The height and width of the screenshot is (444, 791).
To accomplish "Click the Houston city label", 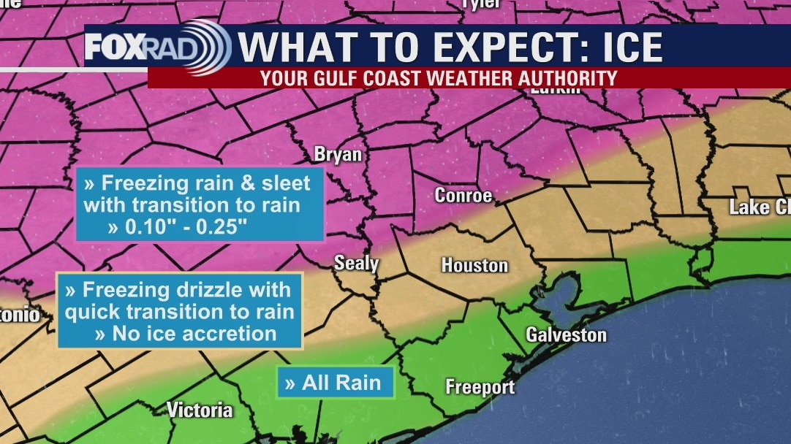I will click(x=474, y=264).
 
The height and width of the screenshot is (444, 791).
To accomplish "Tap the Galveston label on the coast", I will click(x=567, y=335).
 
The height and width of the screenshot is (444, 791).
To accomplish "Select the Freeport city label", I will click(x=480, y=387).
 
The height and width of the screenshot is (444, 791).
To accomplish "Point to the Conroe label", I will click(x=463, y=196).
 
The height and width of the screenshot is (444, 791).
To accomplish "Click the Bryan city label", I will click(x=337, y=154).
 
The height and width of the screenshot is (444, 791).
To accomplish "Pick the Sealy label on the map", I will click(x=356, y=263).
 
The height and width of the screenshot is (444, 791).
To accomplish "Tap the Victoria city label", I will click(x=200, y=410).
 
